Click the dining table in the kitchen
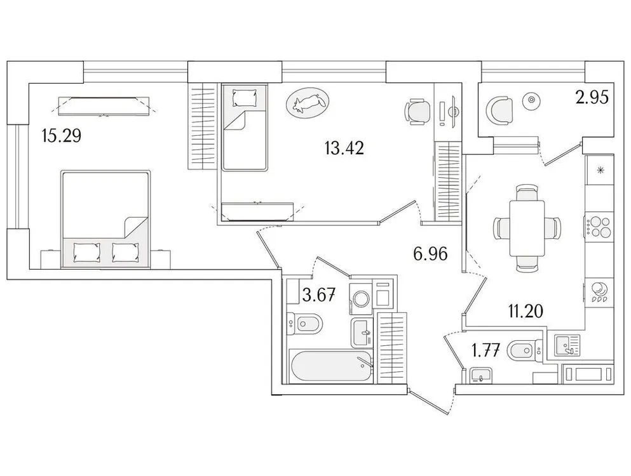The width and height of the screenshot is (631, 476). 527,227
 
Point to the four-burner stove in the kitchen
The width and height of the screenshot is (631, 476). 600,226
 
